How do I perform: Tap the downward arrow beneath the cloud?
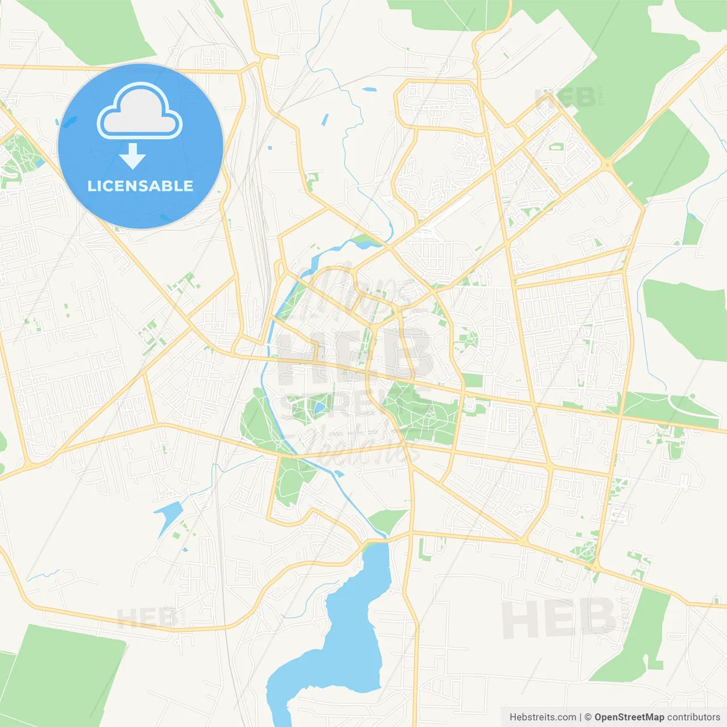pos(132,156)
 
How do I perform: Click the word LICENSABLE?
pos(140,186)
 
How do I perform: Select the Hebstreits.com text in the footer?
pos(542,717)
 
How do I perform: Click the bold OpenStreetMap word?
pos(629,717)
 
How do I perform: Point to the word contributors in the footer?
pos(693,717)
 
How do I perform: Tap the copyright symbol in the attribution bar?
pos(588,717)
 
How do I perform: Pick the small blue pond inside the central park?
pos(320,407)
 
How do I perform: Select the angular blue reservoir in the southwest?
pos(169,516)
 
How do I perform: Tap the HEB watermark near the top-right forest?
pos(565,98)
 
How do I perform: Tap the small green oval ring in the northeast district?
pos(555,147)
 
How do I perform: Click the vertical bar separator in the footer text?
pos(580,717)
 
